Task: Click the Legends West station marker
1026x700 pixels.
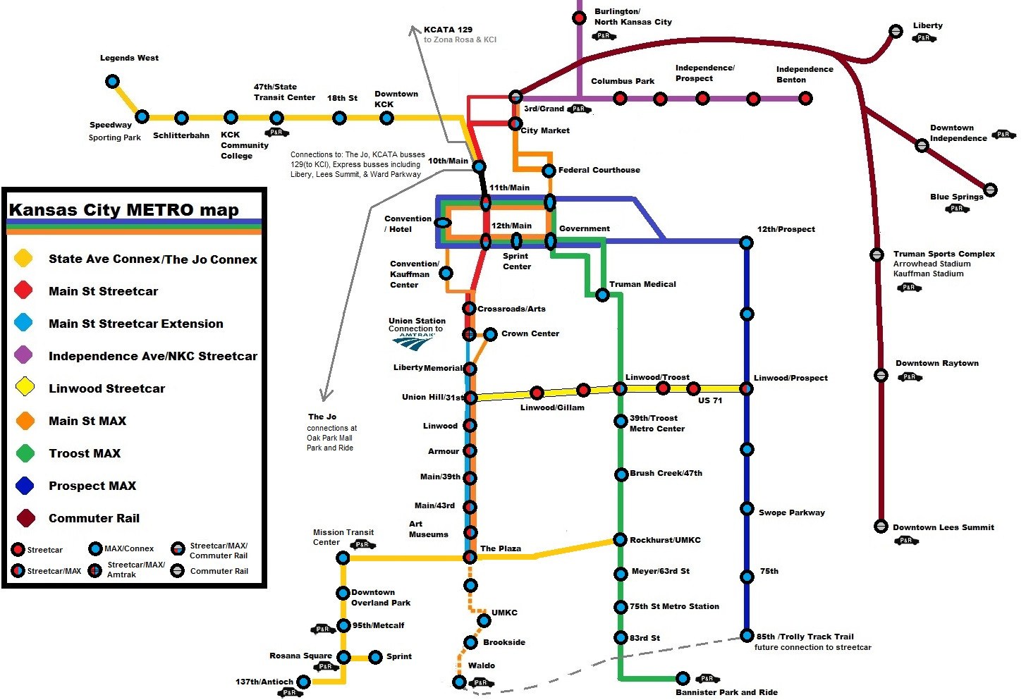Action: tap(112, 82)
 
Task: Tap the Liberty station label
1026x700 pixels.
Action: tap(927, 25)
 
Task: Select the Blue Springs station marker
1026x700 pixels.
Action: tap(990, 190)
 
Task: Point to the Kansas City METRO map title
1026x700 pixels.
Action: tap(124, 209)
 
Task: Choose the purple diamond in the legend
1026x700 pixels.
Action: tap(23, 355)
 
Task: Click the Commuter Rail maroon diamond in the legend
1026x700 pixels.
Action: tap(25, 518)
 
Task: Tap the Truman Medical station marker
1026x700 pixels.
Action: tap(602, 295)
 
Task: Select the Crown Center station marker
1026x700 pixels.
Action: tap(490, 334)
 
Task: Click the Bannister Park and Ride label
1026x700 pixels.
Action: tap(726, 692)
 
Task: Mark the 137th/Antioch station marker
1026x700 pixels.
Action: tap(303, 682)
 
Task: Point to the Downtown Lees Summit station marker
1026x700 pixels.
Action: tap(881, 526)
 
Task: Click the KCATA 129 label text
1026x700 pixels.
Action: tap(448, 30)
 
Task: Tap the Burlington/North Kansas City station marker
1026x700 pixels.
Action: tap(579, 18)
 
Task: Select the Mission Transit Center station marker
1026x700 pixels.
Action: tap(343, 558)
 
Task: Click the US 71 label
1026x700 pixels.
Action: tap(709, 400)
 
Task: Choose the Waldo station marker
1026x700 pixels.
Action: tap(459, 682)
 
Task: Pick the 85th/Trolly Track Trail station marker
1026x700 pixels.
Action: tap(747, 636)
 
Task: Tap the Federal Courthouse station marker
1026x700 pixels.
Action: tap(549, 171)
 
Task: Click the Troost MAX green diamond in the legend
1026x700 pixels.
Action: tap(25, 453)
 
